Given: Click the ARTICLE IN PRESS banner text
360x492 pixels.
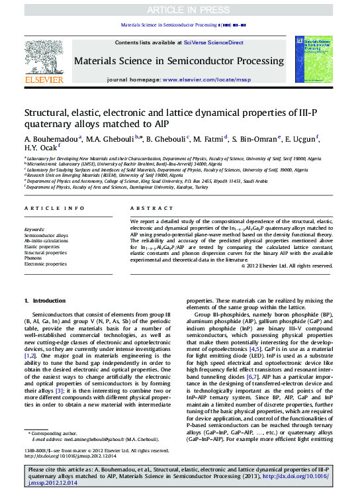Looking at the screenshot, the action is tap(180, 9).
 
